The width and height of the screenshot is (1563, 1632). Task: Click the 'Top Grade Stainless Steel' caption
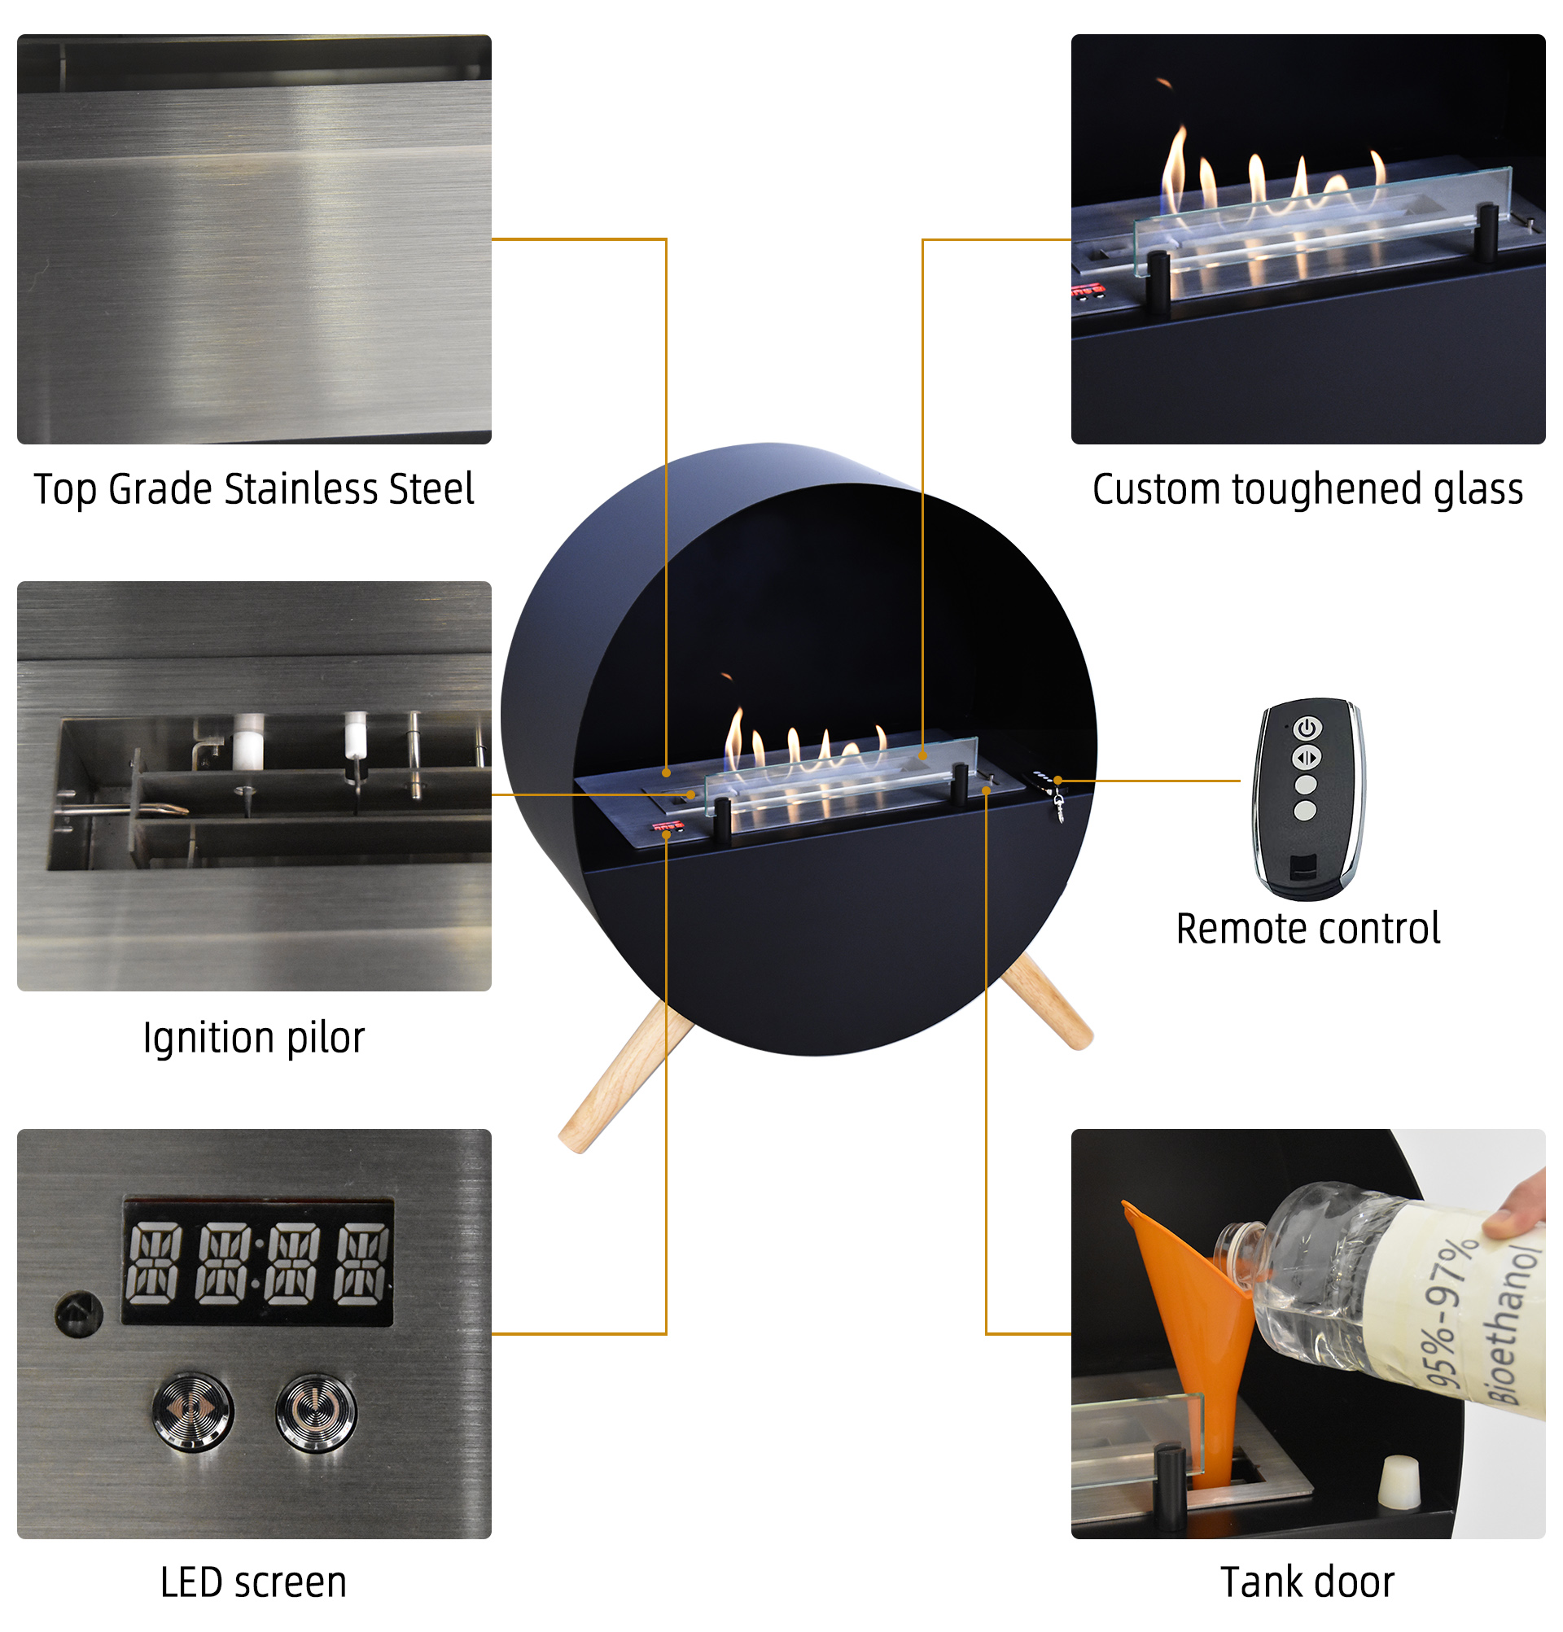(x=254, y=488)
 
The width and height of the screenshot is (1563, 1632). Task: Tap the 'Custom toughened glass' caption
(x=1307, y=488)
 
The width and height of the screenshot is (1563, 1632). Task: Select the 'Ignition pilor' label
(x=254, y=1038)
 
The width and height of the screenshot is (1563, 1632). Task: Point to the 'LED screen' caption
(x=254, y=1582)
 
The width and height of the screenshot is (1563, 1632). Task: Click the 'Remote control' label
(x=1307, y=929)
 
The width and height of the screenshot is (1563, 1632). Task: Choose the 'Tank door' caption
(x=1307, y=1582)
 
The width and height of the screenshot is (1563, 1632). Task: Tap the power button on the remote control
(x=1307, y=728)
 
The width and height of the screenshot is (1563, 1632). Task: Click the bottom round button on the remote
(x=1306, y=809)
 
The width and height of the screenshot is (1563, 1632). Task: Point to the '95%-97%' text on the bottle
(x=1449, y=1315)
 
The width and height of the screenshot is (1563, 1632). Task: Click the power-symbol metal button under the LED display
(x=316, y=1412)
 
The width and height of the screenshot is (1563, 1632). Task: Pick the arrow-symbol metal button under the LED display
(x=193, y=1412)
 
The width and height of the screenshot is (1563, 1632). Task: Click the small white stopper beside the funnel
(x=1399, y=1481)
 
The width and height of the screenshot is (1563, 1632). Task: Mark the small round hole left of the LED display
(x=79, y=1313)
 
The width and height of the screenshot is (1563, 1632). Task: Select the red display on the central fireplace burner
(x=668, y=827)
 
